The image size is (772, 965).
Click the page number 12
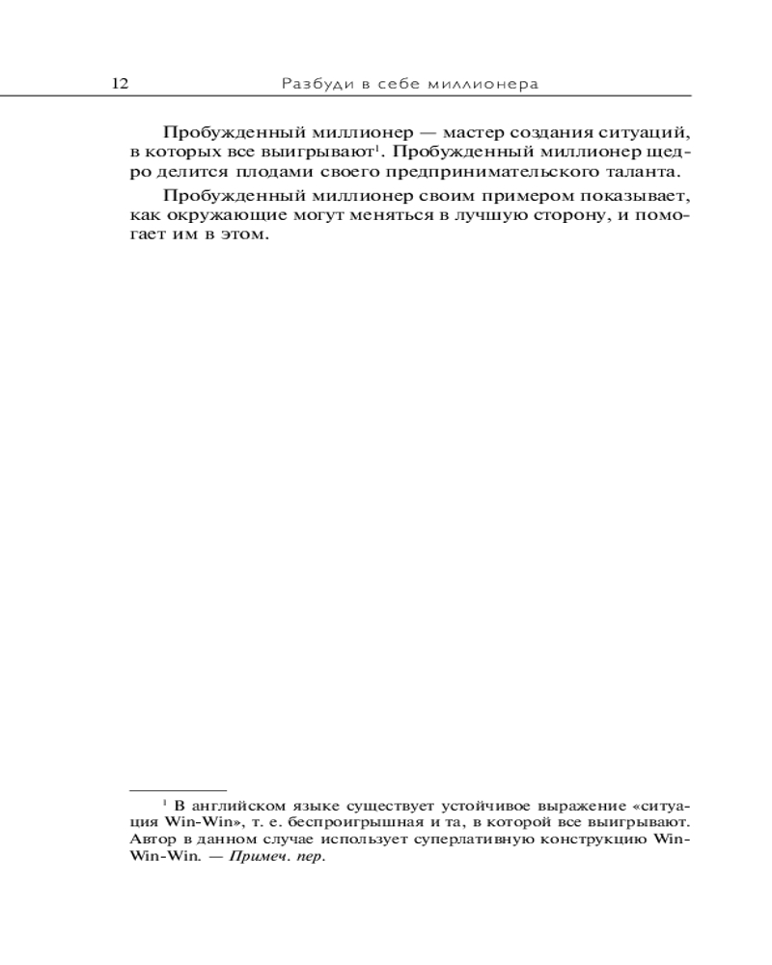click(x=121, y=84)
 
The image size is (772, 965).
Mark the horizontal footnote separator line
click(x=178, y=789)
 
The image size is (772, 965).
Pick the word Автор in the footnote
click(x=150, y=841)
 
